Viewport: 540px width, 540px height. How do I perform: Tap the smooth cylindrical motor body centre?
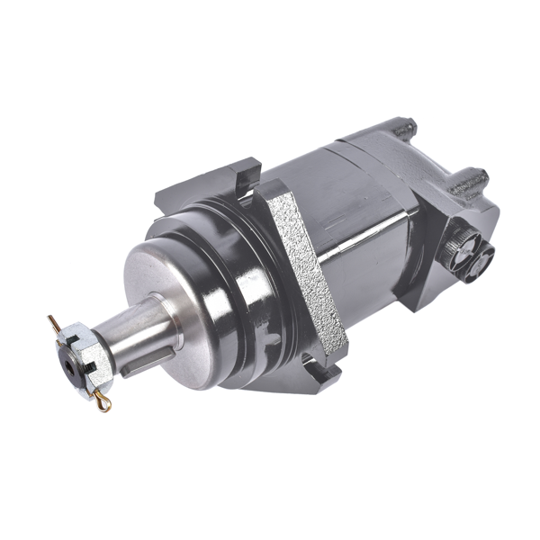(360, 225)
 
